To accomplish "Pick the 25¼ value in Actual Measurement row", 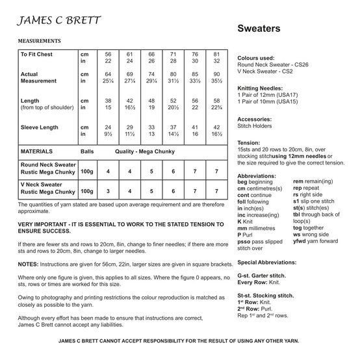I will [109, 83].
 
